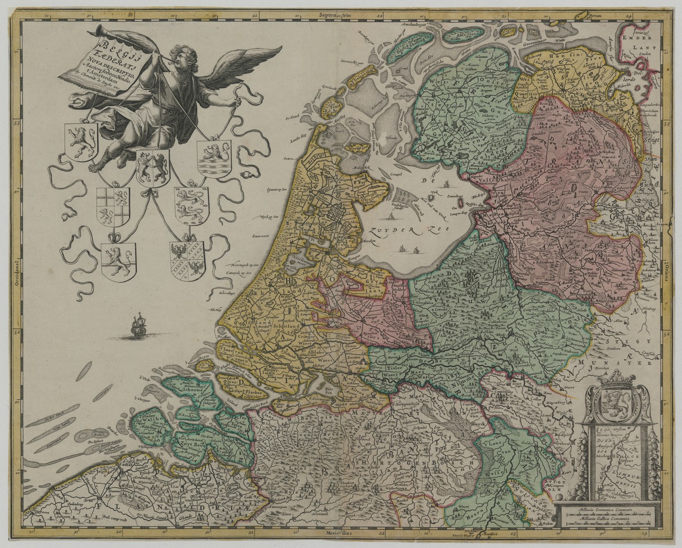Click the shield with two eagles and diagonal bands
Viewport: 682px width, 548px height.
187,260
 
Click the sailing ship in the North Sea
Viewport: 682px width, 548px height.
139,326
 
